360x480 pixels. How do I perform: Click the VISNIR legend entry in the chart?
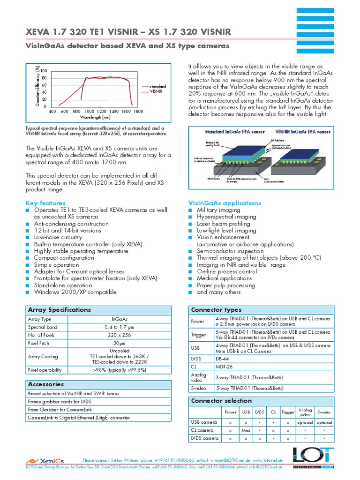pyautogui.click(x=156, y=92)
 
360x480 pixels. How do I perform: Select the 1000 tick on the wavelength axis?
pyautogui.click(x=89, y=112)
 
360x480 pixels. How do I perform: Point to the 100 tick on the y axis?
pyautogui.click(x=44, y=71)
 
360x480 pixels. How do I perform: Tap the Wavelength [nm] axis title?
pyautogui.click(x=95, y=118)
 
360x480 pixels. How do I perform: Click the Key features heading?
pyautogui.click(x=45, y=203)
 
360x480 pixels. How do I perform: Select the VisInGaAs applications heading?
pyautogui.click(x=225, y=203)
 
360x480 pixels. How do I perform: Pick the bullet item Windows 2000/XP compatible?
pyautogui.click(x=75, y=292)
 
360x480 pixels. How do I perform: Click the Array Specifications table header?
pyautogui.click(x=60, y=310)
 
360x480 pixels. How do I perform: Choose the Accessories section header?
pyautogui.click(x=46, y=384)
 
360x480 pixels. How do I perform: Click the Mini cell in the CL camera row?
pyautogui.click(x=245, y=430)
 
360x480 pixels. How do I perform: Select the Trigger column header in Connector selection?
pyautogui.click(x=288, y=412)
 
